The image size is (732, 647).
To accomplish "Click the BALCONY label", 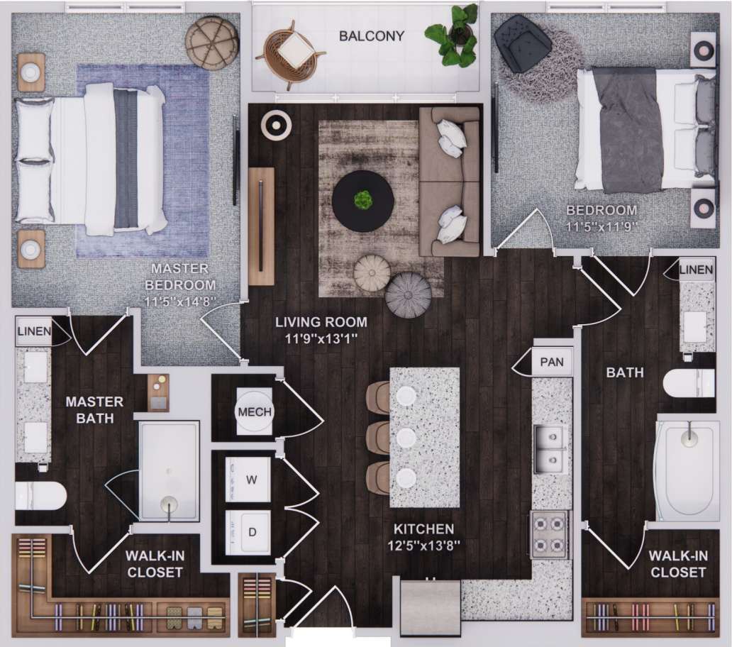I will (371, 36).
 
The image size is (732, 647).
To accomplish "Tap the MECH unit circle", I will (254, 412).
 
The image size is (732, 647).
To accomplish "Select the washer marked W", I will (249, 480).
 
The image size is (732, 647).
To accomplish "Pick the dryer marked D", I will (249, 532).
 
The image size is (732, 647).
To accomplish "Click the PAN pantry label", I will (551, 362).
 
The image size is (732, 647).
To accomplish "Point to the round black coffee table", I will (363, 201).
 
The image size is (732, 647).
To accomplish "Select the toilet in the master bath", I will (40, 495).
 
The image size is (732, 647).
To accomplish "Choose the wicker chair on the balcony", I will (290, 51).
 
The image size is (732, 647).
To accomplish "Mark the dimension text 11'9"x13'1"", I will (321, 338).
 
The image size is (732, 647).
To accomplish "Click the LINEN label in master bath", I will (34, 331).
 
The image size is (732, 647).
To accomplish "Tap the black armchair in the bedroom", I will (523, 44).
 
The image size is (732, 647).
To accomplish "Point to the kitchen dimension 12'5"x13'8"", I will (425, 546).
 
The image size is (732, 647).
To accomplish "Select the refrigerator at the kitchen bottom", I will (430, 607).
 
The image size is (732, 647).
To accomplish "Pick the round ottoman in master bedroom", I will (211, 43).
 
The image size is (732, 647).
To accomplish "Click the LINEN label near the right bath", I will (696, 270).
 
